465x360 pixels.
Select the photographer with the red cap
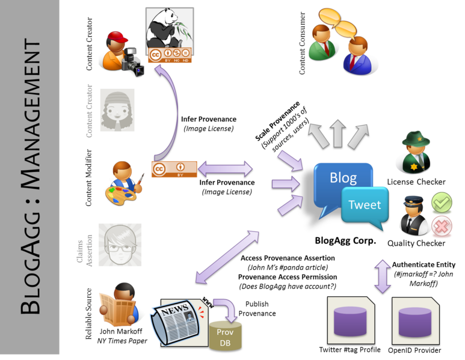click(x=120, y=55)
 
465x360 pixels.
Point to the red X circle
click(x=442, y=226)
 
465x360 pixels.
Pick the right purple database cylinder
click(x=415, y=319)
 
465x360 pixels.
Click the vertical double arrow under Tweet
click(x=383, y=276)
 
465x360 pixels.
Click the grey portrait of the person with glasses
click(x=120, y=245)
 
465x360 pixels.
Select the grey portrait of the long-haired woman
click(x=117, y=110)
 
